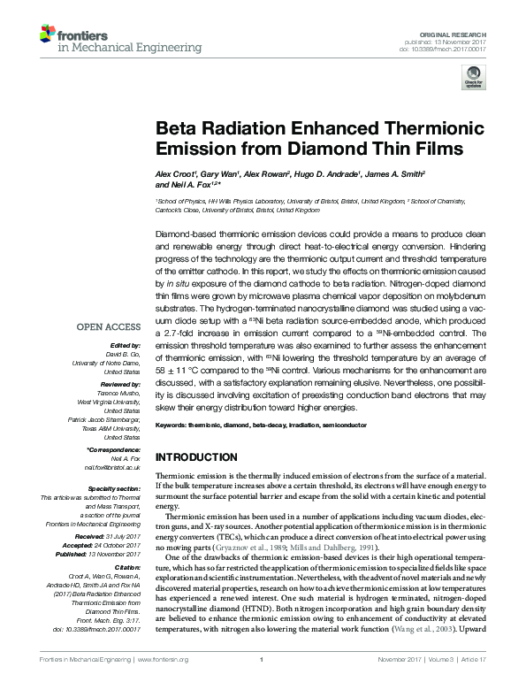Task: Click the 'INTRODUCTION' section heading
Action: [196, 457]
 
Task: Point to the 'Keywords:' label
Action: [172, 426]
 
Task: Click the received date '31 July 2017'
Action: [119, 536]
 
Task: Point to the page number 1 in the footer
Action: [263, 684]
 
